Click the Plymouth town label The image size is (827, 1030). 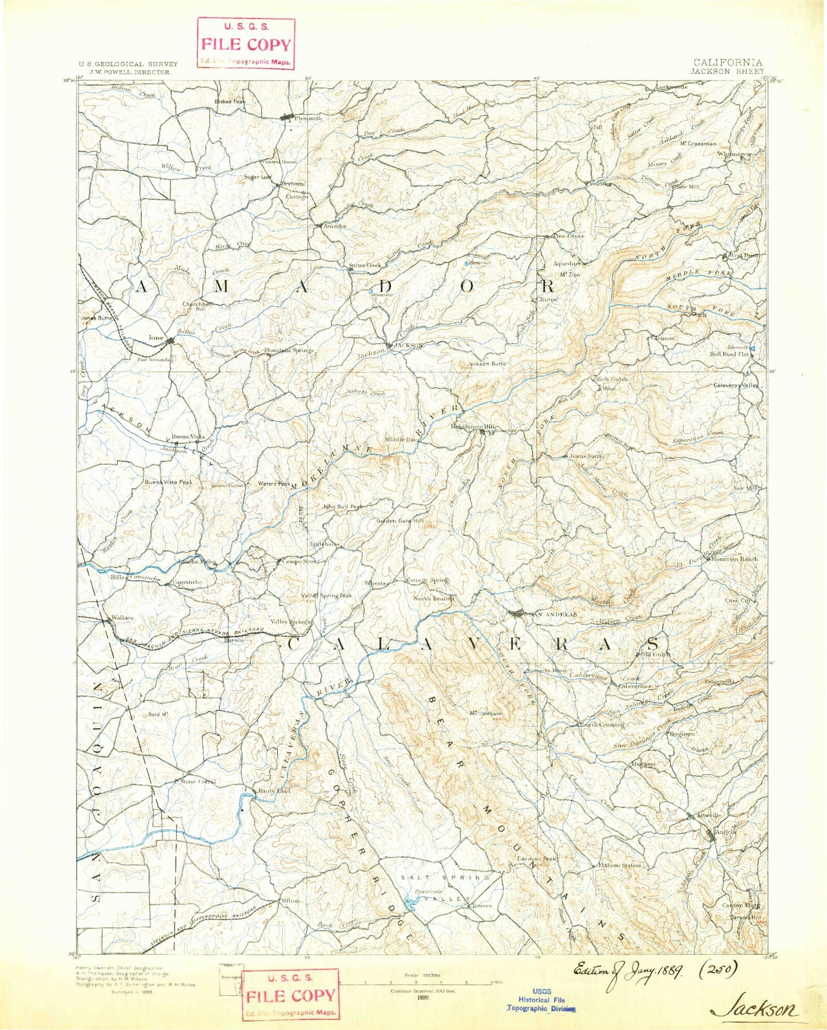pos(308,119)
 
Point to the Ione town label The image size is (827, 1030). pos(156,337)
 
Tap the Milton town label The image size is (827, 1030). pos(291,900)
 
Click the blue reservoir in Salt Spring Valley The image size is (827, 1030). pos(411,903)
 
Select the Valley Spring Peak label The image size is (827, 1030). pos(326,596)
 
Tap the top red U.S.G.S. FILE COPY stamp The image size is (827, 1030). pos(246,44)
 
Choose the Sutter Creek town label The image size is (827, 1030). pos(364,265)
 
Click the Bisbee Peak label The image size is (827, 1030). pos(230,101)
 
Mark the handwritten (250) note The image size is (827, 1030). pos(716,969)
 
